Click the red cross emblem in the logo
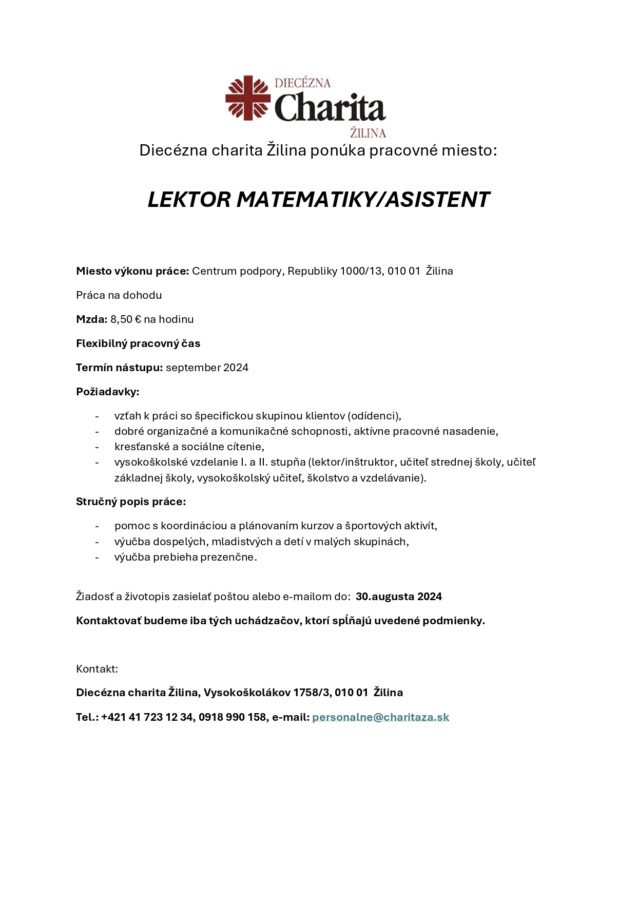248,98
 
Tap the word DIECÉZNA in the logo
302,83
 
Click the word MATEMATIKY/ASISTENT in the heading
363,200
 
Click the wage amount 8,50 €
126,319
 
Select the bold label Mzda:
92,319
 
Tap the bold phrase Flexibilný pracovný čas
138,343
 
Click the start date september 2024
207,368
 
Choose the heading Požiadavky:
108,392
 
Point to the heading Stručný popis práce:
131,502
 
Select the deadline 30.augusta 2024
399,597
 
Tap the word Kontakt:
97,669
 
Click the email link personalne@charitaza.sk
380,717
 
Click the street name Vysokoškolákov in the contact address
247,693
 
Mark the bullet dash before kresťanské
96,447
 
